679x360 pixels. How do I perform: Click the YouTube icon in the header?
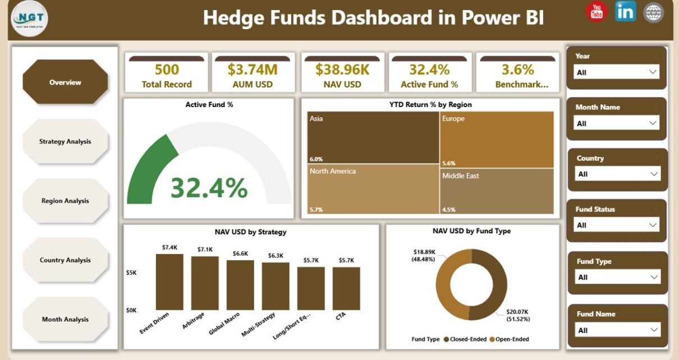[597, 12]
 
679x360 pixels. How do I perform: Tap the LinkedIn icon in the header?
[625, 11]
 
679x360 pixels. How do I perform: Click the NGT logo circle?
[30, 19]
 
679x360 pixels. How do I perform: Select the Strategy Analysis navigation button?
[65, 141]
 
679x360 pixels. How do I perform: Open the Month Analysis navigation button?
[65, 319]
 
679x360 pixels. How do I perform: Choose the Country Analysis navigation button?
[65, 260]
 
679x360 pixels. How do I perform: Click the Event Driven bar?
[169, 282]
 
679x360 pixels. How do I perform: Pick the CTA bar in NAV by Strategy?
[346, 288]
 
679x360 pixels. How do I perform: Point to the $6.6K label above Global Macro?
[240, 253]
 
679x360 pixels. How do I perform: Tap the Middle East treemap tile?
[496, 190]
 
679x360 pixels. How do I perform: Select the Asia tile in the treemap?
[373, 137]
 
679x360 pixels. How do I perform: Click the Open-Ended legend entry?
[510, 339]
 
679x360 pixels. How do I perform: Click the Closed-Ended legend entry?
[464, 339]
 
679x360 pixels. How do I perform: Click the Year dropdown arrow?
[653, 72]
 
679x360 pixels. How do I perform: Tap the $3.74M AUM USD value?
[253, 70]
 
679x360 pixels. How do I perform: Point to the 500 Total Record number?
[167, 70]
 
